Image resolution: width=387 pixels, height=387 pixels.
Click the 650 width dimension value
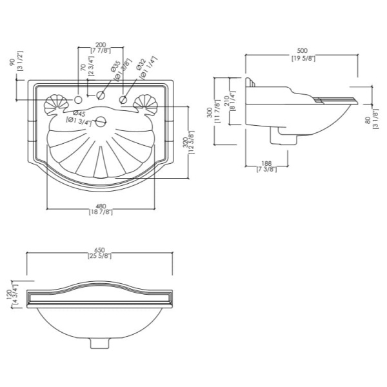coord(99,250)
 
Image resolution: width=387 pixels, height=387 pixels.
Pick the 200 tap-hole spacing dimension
coord(100,45)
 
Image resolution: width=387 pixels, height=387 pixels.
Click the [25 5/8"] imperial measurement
coord(99,257)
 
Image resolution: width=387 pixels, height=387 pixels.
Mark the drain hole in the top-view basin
coord(99,121)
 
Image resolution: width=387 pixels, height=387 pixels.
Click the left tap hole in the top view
coord(79,99)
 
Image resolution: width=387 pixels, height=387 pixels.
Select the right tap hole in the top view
coord(121,99)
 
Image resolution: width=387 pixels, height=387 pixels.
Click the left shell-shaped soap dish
coord(55,104)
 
